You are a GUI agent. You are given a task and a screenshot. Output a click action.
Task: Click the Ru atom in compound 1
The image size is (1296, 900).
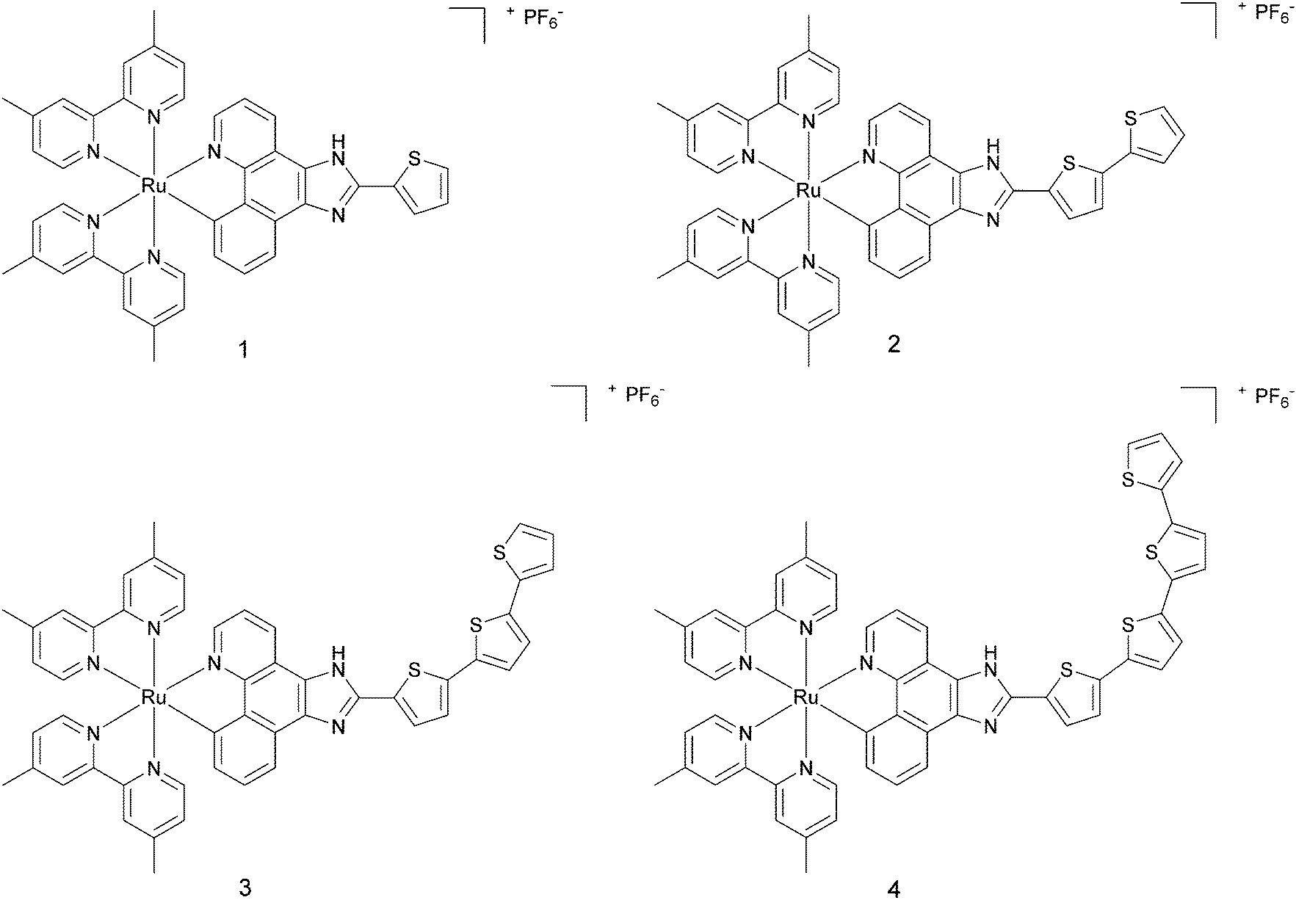click(x=153, y=186)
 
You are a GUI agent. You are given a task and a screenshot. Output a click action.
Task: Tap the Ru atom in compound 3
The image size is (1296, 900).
click(x=153, y=697)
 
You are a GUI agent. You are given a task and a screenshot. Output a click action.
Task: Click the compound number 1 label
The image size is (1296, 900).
click(x=243, y=350)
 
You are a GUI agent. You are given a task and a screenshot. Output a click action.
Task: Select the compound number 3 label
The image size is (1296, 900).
click(x=245, y=888)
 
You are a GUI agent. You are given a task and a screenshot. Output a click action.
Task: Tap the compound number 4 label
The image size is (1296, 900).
click(x=893, y=889)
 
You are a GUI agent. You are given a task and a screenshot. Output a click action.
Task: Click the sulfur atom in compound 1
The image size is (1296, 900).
click(x=415, y=157)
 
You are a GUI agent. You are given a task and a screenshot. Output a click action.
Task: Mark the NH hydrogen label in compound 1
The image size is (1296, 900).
click(x=337, y=139)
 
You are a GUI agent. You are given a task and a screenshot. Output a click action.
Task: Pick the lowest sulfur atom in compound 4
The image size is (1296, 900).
click(x=1068, y=670)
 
